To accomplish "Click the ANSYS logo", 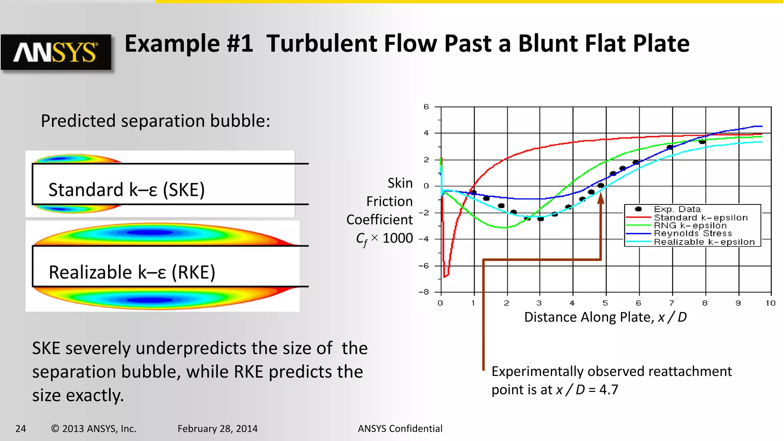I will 56,52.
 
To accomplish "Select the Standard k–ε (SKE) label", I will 126,190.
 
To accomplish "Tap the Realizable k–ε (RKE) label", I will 132,273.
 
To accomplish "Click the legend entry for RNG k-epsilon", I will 690,225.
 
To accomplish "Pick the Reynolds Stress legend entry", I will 693,234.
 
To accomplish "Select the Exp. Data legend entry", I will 677,209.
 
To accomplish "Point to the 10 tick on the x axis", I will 770,303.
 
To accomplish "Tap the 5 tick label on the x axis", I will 605,303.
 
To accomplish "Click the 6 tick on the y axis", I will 426,107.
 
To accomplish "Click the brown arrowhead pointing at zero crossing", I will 601,198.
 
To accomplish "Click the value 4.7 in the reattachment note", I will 609,390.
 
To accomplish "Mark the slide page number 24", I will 21,429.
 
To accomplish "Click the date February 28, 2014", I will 217,429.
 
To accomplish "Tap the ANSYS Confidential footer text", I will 400,429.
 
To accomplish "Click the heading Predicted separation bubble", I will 155,121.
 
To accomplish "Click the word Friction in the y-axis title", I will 389,201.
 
